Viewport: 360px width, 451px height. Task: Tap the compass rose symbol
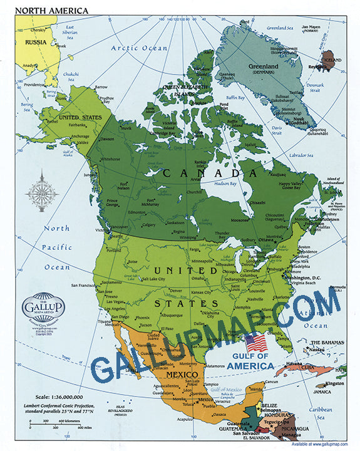coord(43,192)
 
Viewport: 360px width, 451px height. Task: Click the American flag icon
coord(255,343)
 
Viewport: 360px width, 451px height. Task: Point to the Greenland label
coord(264,66)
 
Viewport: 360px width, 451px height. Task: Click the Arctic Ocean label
coord(139,48)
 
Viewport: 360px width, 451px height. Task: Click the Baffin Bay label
coord(235,98)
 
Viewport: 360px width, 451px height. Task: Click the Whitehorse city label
coord(107,159)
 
